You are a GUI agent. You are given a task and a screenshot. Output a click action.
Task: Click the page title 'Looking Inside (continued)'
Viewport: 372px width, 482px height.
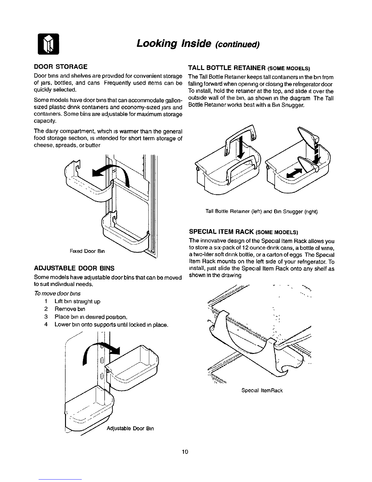[x=198, y=44]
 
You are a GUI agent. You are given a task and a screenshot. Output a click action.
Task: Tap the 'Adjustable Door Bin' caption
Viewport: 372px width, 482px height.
[x=130, y=429]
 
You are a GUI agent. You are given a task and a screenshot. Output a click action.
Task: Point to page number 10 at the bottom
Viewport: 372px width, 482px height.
[x=185, y=452]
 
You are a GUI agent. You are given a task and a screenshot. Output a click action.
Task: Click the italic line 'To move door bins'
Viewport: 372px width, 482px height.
[x=57, y=294]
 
